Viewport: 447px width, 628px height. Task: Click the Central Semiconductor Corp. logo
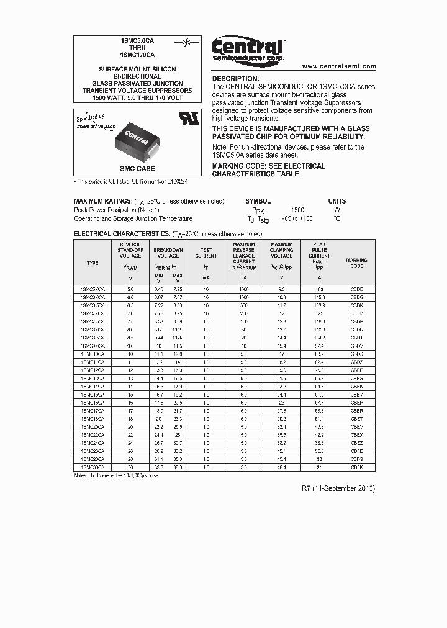248,49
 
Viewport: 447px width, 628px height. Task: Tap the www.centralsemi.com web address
339,66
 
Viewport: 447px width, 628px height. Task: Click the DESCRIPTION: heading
235,79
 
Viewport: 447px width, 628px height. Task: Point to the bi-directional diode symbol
186,42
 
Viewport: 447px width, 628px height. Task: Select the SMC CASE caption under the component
137,169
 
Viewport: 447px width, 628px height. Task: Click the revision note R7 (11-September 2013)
338,488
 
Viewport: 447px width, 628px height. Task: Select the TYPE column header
93,263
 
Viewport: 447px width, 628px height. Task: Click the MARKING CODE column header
356,263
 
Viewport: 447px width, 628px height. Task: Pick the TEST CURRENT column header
206,253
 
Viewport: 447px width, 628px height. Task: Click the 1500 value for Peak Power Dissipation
297,210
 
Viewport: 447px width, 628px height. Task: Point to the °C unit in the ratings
336,218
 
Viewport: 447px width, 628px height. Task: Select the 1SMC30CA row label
93,467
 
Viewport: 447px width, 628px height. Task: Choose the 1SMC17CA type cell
93,411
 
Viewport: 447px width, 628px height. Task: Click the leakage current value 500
244,306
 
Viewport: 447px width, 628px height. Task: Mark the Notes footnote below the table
117,475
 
